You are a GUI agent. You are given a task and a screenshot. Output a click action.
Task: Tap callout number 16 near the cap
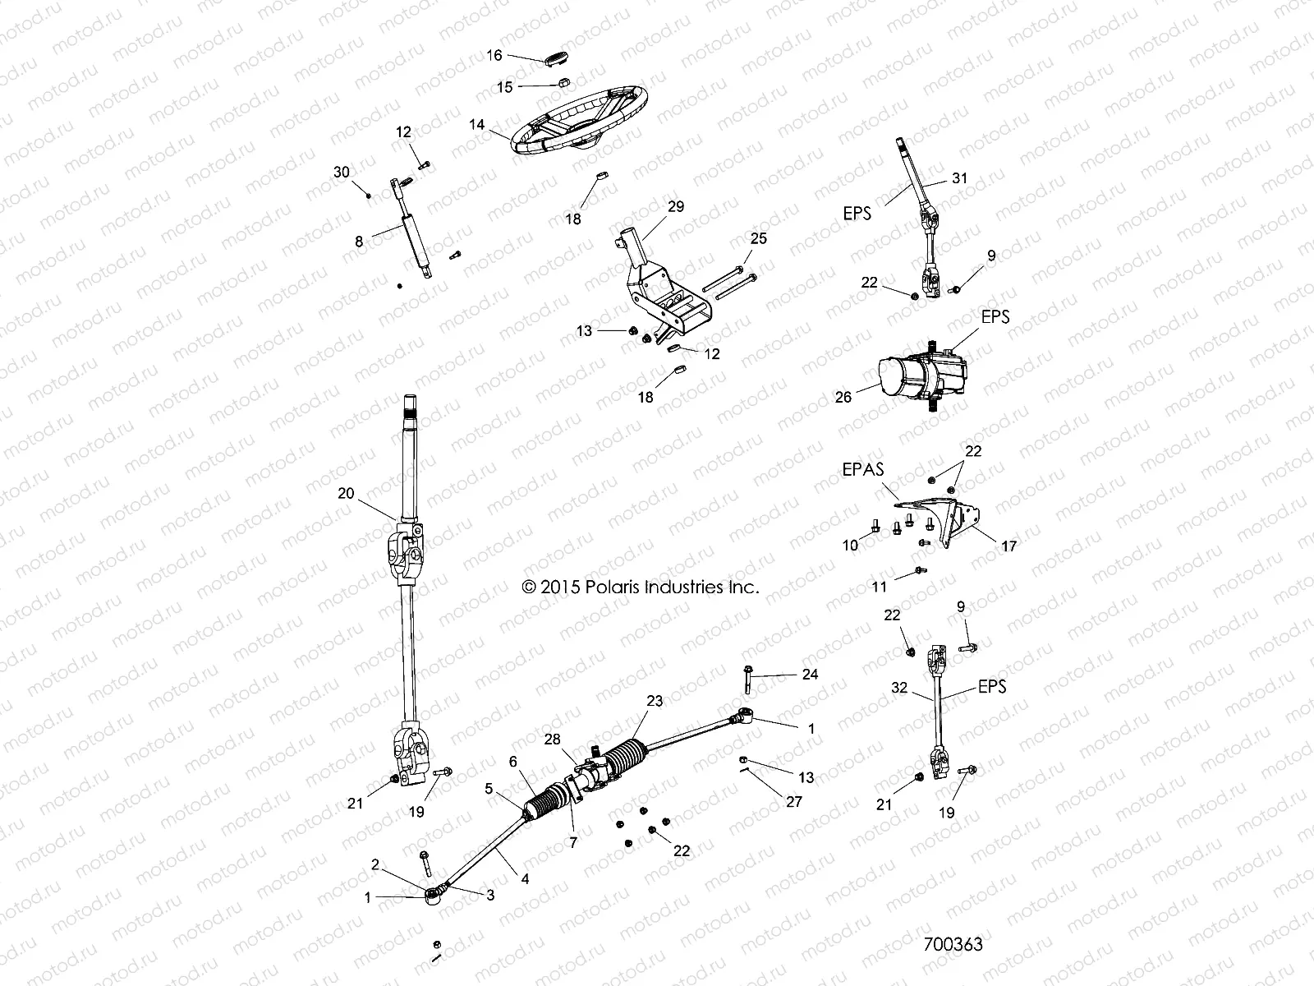point(494,55)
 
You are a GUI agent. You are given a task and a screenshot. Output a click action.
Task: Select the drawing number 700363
point(953,943)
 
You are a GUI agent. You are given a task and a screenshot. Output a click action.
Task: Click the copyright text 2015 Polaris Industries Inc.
point(641,587)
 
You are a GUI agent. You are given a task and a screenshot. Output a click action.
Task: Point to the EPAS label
point(862,471)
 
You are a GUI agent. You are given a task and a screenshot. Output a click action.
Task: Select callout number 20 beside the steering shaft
point(347,493)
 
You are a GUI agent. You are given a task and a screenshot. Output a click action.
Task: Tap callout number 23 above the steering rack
point(654,701)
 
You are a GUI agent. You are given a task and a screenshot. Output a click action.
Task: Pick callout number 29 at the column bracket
point(675,206)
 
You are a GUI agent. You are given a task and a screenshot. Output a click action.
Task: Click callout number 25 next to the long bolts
point(758,238)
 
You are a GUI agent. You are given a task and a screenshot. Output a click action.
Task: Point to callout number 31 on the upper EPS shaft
point(959,178)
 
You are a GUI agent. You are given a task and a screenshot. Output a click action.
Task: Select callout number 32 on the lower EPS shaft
point(900,687)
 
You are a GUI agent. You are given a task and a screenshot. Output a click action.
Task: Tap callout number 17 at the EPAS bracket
point(1008,546)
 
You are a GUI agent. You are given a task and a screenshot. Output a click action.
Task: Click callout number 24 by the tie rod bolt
point(810,674)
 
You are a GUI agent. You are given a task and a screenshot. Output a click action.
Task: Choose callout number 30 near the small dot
point(342,172)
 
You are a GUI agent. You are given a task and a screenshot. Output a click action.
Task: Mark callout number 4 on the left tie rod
point(525,878)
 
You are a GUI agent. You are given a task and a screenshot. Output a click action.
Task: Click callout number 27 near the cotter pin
point(793,802)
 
